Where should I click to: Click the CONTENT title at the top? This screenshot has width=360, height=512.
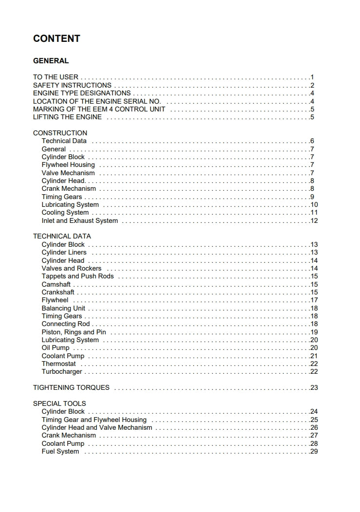point(56,38)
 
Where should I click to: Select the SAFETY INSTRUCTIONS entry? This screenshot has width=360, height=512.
point(72,85)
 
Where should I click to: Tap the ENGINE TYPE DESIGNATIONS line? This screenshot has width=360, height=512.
point(82,93)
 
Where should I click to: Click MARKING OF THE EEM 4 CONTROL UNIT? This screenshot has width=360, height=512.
point(99,109)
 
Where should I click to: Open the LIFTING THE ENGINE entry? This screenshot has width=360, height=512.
point(67,117)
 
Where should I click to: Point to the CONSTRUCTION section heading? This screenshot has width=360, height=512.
point(60,133)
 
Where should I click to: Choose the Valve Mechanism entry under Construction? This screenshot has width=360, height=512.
point(68,173)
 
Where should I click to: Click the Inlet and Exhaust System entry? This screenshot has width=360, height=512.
point(80,220)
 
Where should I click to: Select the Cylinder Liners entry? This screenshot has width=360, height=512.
point(64,252)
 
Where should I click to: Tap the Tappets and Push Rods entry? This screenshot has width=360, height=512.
point(78,276)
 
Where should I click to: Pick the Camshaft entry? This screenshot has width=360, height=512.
point(56,284)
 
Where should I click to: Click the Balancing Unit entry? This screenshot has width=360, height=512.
point(63,308)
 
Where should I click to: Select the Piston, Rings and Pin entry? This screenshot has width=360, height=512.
point(74,332)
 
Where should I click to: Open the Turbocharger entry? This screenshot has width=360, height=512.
point(62,372)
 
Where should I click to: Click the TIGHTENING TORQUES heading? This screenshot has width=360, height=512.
point(71,387)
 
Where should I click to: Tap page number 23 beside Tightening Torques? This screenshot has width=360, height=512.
point(314,388)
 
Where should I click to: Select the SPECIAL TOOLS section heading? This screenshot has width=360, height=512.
point(59,403)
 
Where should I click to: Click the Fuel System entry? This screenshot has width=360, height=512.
point(60,451)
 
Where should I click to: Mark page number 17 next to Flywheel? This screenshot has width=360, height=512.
point(314,300)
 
